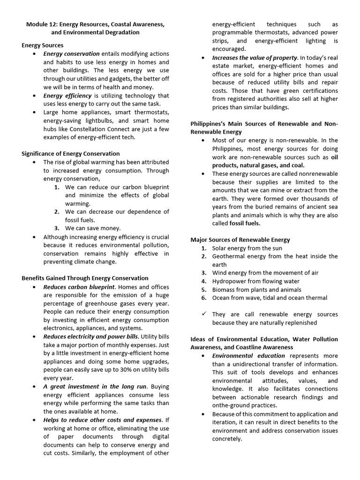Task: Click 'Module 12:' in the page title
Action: pos(42,24)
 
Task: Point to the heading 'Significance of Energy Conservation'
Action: pos(70,154)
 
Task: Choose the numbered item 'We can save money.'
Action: pos(93,228)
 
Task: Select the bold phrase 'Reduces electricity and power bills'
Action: pos(91,337)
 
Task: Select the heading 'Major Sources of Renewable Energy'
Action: pos(240,240)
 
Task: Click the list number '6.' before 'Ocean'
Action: pos(204,298)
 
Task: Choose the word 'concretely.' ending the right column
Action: pos(227,439)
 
